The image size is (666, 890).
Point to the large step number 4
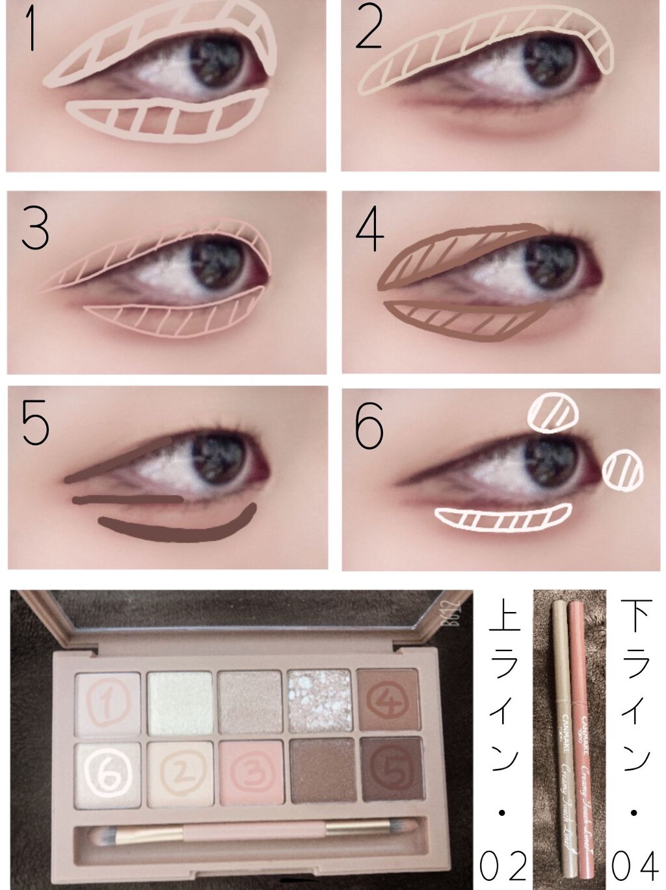pyautogui.click(x=369, y=230)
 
